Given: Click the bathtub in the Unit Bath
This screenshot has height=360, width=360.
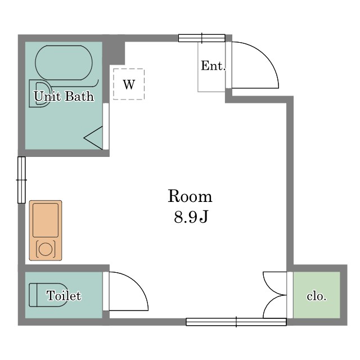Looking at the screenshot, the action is point(64,62).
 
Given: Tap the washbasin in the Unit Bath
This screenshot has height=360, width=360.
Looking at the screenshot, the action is point(39,93).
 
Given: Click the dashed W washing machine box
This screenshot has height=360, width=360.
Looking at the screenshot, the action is point(129,84).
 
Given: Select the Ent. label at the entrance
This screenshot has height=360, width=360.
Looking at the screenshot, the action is point(213,66).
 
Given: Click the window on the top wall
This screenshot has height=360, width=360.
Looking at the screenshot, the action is point(201,38).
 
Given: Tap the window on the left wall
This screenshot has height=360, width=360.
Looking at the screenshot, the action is point(21,180).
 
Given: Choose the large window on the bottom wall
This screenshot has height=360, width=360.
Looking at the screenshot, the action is point(236,322).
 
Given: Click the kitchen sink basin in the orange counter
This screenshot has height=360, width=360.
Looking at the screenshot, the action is point(46,220).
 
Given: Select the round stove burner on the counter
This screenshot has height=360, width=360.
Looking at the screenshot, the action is point(46,249).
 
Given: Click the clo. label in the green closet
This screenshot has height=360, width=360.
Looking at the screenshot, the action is point(317,296).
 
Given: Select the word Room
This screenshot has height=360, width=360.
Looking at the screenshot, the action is point(190,196).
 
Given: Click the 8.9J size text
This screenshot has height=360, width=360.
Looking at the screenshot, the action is point(191,217).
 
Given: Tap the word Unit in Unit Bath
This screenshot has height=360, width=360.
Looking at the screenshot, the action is point(47,96).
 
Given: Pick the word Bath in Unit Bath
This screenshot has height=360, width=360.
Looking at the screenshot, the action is point(79,96).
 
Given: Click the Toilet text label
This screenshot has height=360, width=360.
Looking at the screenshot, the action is point(64,295).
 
